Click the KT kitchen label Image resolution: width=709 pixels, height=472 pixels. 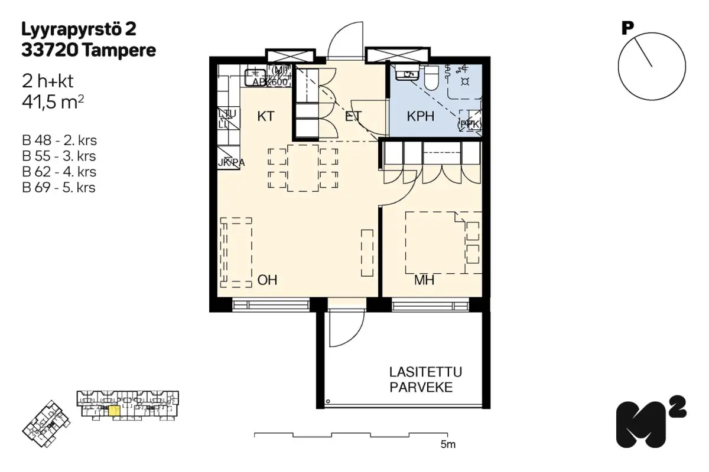point(266,116)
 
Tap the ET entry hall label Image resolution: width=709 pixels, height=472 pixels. point(353,116)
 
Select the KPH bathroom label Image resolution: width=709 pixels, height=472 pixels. point(421,116)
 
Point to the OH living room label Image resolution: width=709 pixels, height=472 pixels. point(267,280)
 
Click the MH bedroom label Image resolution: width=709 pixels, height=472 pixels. point(424,280)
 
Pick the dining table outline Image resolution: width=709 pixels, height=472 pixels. point(303,169)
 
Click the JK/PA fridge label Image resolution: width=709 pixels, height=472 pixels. point(230,162)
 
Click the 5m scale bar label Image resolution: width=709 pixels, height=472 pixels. point(448,444)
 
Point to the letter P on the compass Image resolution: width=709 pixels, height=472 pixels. point(627,28)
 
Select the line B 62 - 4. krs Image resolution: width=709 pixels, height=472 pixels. point(58,172)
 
